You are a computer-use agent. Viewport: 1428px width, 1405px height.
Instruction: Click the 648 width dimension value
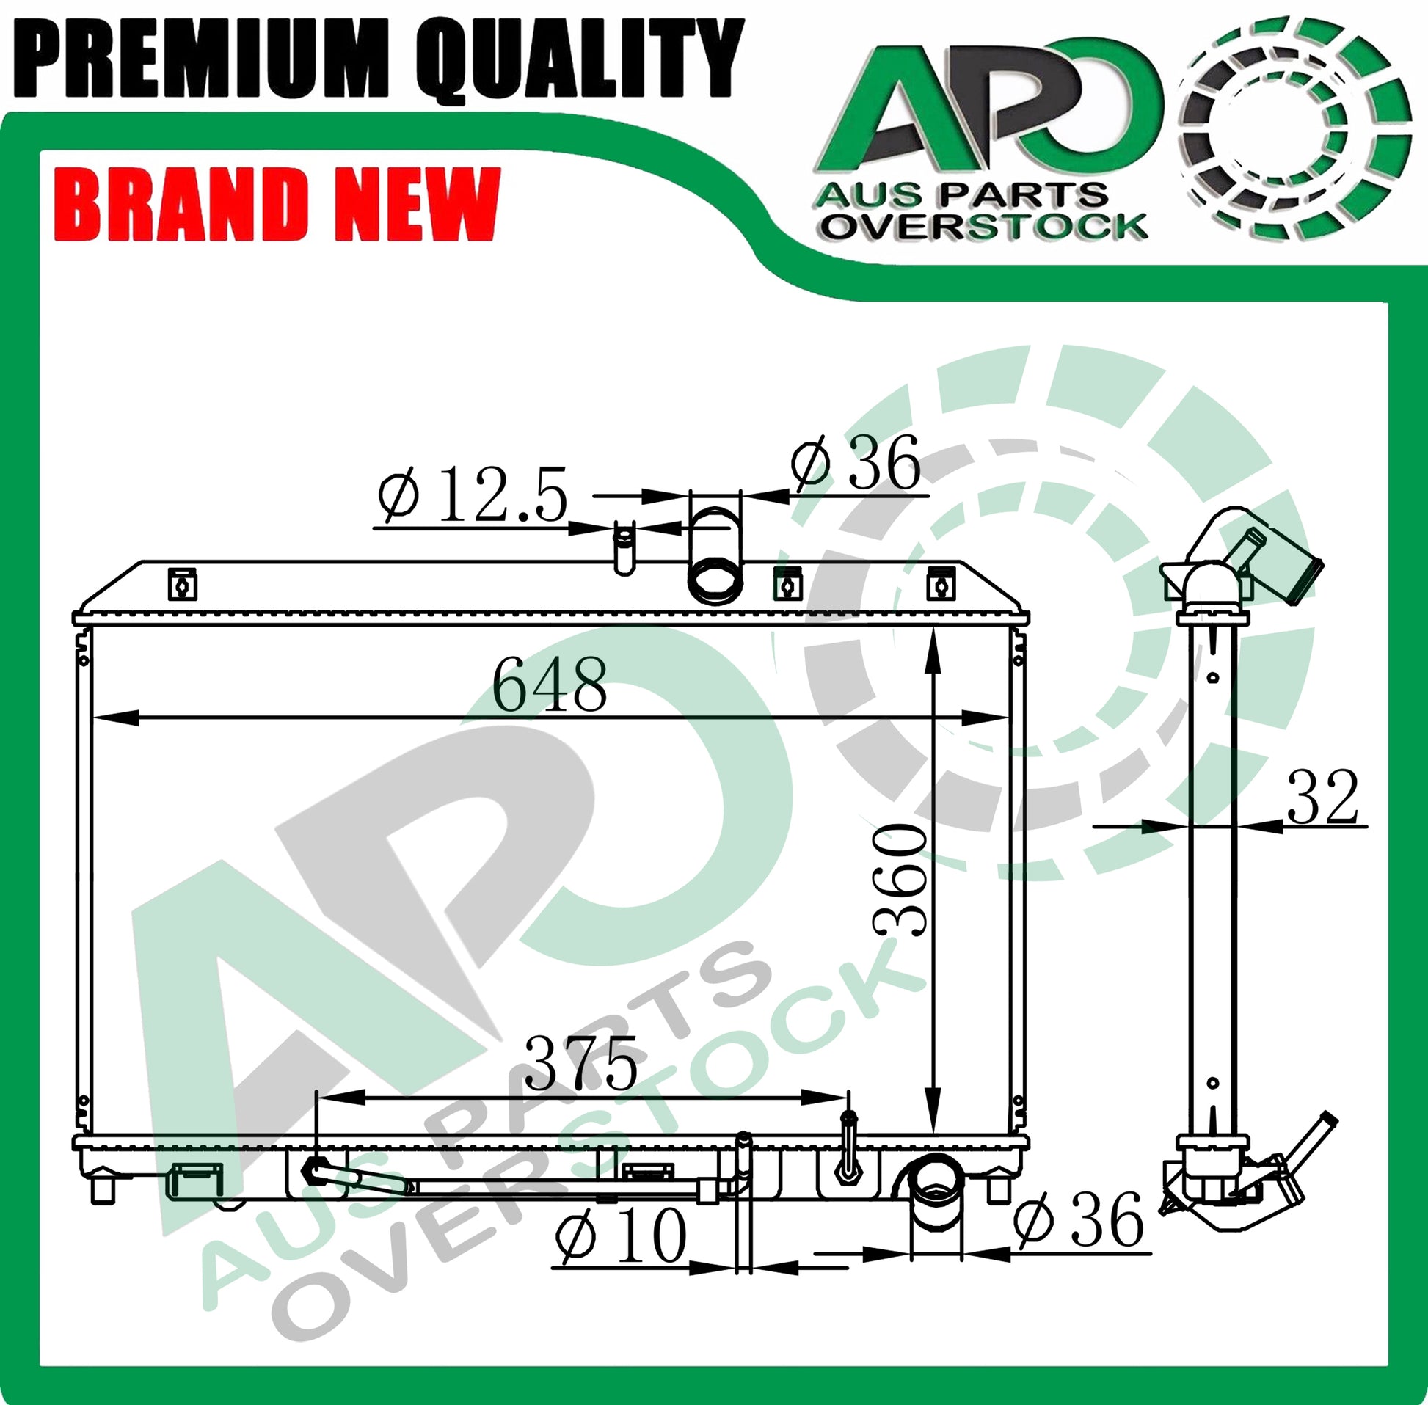(550, 685)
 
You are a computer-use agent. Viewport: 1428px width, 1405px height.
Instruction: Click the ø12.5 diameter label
(473, 495)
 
